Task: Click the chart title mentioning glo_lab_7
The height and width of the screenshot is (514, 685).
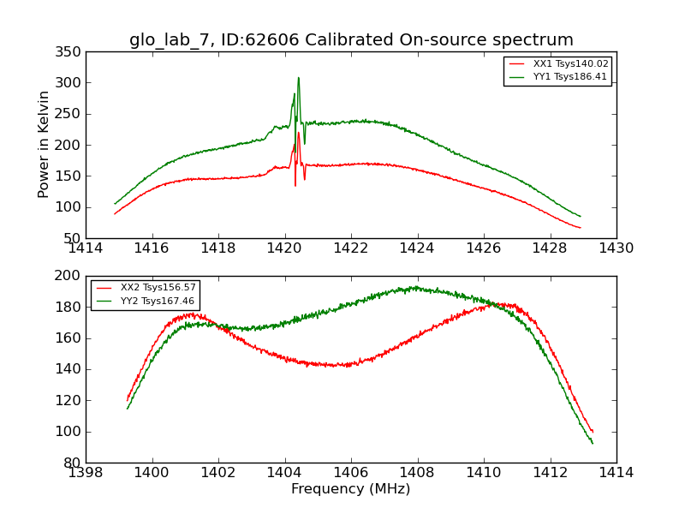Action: click(351, 40)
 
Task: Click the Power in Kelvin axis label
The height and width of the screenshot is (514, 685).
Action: click(45, 145)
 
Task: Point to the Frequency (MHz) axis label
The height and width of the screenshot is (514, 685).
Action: click(350, 489)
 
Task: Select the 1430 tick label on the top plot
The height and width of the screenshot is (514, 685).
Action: click(616, 248)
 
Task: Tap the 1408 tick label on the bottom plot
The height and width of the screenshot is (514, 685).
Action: click(417, 473)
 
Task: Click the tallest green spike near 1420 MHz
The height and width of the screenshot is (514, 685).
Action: click(298, 78)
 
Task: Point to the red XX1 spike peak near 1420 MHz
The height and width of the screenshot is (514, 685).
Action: click(298, 133)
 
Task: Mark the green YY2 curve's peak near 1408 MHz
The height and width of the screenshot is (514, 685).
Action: click(416, 287)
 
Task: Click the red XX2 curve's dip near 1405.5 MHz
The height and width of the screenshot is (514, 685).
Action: click(342, 366)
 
